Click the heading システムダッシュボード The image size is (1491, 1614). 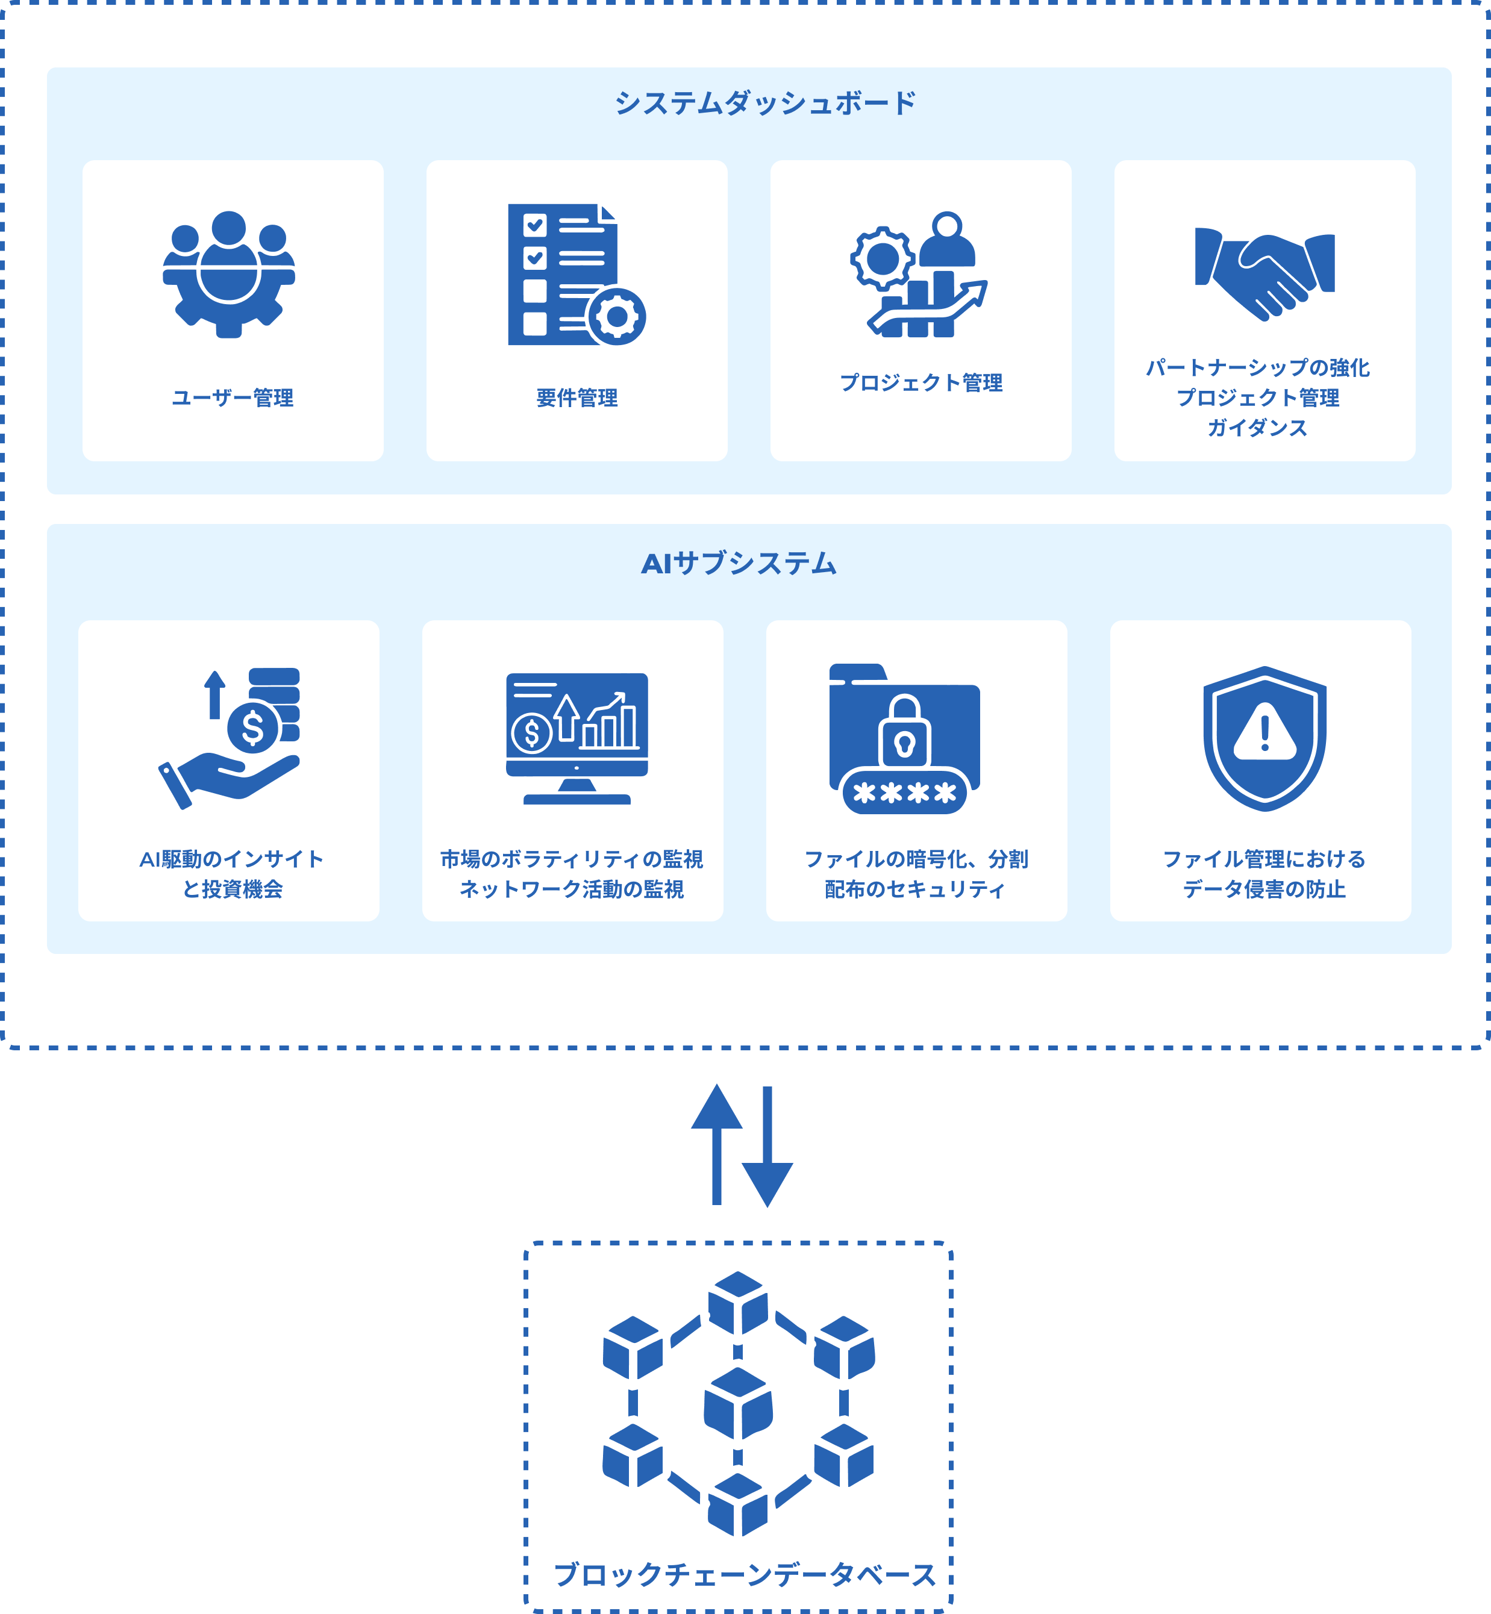(x=765, y=103)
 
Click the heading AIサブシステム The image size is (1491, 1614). (x=738, y=563)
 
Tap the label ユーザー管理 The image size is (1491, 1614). (x=233, y=397)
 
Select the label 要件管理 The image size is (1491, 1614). (x=577, y=397)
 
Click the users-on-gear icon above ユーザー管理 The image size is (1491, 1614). (x=229, y=273)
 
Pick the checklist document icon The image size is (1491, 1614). (x=565, y=273)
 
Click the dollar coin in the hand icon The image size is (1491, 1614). (x=252, y=728)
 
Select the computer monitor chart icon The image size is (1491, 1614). (x=577, y=738)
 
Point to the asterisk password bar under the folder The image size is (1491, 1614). (x=904, y=794)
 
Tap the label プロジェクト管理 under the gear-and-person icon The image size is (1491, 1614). (x=921, y=382)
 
